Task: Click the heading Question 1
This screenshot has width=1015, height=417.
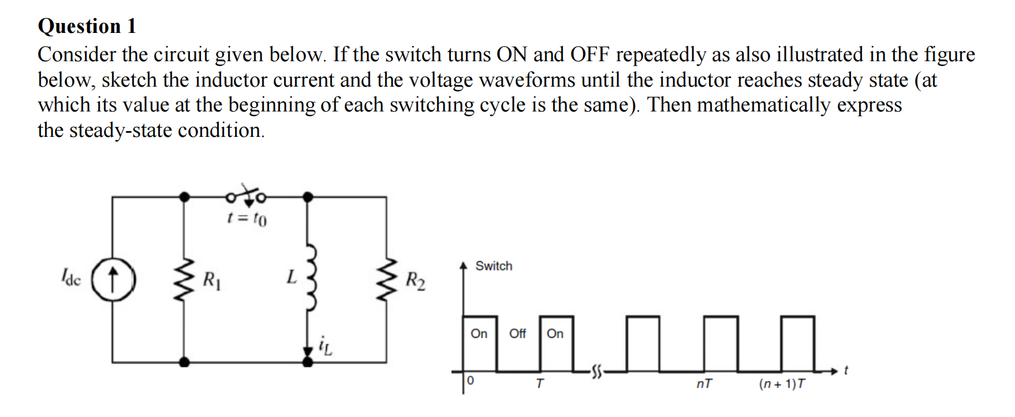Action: [x=87, y=26]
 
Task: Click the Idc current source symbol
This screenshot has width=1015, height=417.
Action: [x=113, y=278]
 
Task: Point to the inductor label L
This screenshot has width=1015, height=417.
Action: [x=292, y=278]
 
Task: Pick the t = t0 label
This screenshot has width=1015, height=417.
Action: [x=247, y=219]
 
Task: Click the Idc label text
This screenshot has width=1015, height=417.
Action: [x=72, y=279]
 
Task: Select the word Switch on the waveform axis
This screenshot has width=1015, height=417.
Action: [x=494, y=266]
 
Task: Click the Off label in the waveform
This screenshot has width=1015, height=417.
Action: [x=517, y=334]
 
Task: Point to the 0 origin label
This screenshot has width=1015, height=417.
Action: [x=471, y=381]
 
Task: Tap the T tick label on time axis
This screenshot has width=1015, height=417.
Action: [x=539, y=384]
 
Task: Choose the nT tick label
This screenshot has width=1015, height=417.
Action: [x=704, y=384]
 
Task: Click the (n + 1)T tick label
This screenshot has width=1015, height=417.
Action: [x=782, y=384]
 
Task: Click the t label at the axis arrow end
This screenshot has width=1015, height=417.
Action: [x=846, y=370]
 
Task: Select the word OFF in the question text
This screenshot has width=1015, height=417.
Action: [x=590, y=55]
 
